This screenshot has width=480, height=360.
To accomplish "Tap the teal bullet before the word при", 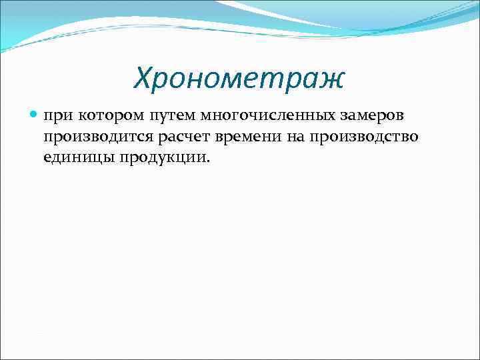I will coord(35,115).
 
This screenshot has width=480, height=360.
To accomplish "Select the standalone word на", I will coord(292,137).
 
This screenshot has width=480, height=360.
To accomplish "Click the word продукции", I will coord(163,157).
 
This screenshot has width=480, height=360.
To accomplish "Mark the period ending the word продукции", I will coord(207,161).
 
